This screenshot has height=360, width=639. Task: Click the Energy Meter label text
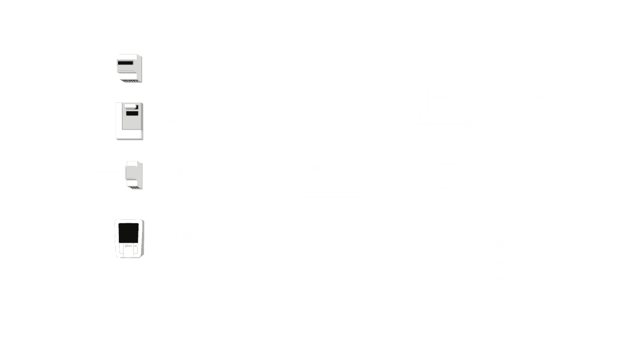[201, 66]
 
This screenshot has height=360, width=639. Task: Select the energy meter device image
[129, 68]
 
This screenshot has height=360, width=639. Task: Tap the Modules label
[186, 120]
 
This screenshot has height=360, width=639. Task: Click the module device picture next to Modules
[129, 121]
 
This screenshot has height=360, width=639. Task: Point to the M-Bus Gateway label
[207, 174]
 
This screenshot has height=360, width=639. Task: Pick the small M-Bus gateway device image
[134, 175]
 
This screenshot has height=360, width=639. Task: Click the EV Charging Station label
[218, 237]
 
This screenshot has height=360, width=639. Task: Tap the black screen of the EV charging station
[129, 233]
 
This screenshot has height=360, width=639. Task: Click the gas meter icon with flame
[54, 147]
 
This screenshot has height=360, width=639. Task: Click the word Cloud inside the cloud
[333, 185]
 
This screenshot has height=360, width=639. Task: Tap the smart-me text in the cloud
[333, 166]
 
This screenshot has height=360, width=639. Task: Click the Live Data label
[522, 97]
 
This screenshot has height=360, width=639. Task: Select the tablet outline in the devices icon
[466, 96]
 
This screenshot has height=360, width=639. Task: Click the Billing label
[513, 185]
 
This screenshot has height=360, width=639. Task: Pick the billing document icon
[447, 184]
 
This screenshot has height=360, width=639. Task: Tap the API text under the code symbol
[447, 272]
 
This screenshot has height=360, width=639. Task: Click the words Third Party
[538, 263]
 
